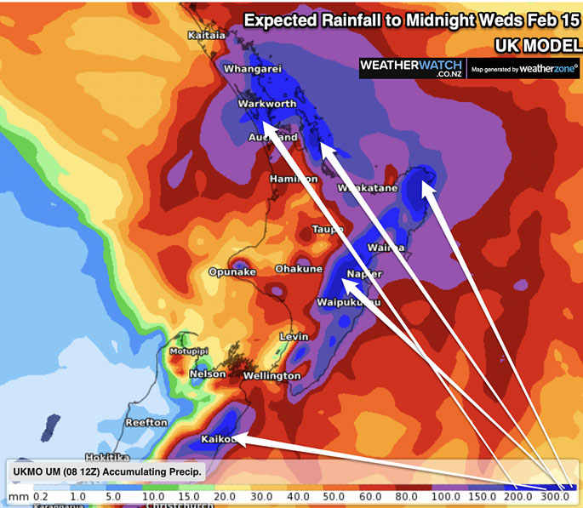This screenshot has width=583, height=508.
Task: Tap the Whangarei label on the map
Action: [x=252, y=69]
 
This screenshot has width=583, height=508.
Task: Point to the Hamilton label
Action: [x=293, y=180]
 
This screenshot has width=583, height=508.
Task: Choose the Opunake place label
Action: [x=232, y=272]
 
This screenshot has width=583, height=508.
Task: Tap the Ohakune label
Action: [x=299, y=269]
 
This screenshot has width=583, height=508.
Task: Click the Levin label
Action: [x=294, y=338]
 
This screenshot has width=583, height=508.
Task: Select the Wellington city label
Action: [x=271, y=375]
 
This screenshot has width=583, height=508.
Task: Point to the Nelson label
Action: [x=208, y=374]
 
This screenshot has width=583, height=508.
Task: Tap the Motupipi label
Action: [x=188, y=351]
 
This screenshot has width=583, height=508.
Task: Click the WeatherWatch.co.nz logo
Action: [x=410, y=68]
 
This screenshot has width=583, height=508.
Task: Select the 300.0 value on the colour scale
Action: [x=555, y=496]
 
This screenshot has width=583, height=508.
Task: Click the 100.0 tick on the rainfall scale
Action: [x=440, y=496]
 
